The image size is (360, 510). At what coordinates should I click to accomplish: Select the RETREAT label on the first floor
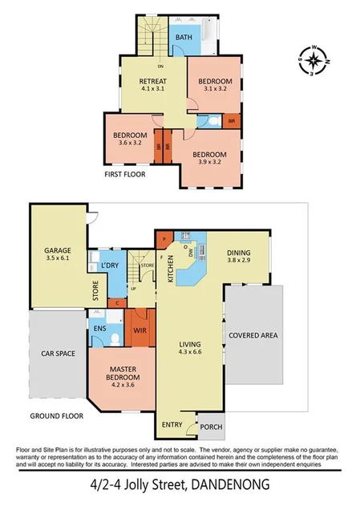tap(152, 82)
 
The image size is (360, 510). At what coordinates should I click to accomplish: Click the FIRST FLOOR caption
tap(125, 173)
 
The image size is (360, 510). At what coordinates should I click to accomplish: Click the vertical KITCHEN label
tap(170, 267)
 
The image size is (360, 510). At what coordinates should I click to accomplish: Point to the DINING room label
tap(239, 252)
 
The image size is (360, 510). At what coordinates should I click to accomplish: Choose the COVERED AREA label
tap(253, 335)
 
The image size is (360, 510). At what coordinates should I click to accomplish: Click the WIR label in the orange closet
tap(139, 328)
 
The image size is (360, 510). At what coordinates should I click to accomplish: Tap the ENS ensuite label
tap(101, 328)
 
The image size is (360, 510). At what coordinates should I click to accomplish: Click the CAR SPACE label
tap(55, 352)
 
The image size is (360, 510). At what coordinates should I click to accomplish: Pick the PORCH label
tap(210, 427)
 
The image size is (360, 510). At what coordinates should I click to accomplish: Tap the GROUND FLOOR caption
tap(57, 415)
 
